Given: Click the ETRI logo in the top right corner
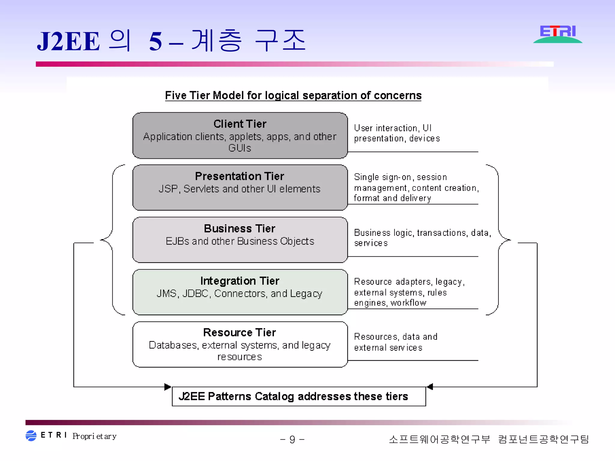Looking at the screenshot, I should (x=558, y=34).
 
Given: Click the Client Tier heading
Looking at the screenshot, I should (x=240, y=124).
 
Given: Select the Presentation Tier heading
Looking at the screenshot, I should (x=239, y=176).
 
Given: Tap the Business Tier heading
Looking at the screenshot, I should (x=239, y=229).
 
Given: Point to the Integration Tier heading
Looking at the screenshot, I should (x=240, y=281).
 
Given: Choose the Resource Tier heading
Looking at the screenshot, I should (x=239, y=333).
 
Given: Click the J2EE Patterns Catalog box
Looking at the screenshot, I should (x=299, y=396).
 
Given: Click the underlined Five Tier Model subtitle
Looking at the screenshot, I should (x=293, y=95).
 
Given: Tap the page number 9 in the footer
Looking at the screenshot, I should (x=292, y=440).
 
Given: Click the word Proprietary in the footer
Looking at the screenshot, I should (x=94, y=436).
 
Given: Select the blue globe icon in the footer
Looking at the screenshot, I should (x=31, y=436).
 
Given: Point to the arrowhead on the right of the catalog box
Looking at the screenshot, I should (x=430, y=387).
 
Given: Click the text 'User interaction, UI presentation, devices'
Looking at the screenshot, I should (x=396, y=133).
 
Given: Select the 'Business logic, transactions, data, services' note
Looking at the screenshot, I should (x=422, y=238).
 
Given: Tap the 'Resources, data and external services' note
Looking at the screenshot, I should (x=395, y=342).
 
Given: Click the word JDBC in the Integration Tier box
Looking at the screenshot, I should (x=195, y=294).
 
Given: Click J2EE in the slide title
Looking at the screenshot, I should (x=68, y=41).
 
